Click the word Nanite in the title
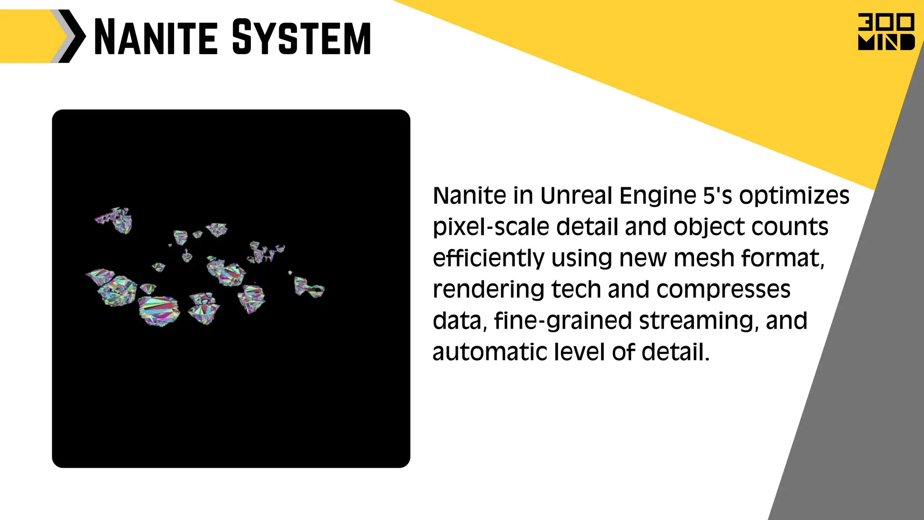(x=155, y=37)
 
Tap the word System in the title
(x=301, y=37)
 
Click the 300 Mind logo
(x=886, y=32)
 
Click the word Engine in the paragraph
(x=658, y=196)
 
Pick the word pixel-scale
(x=491, y=227)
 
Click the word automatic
(x=490, y=352)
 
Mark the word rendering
(x=488, y=290)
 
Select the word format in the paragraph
(x=783, y=259)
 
